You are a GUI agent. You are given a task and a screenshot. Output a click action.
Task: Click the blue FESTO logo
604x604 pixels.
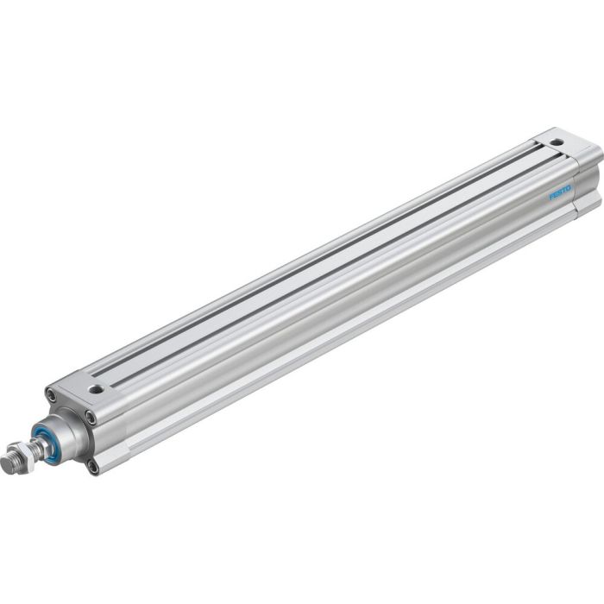point(562,195)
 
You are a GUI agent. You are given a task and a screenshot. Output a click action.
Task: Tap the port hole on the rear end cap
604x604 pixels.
point(557,142)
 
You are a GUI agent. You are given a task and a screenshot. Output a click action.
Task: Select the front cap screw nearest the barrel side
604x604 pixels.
point(91,418)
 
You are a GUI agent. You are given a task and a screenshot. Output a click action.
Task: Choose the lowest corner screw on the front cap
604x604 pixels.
point(91,466)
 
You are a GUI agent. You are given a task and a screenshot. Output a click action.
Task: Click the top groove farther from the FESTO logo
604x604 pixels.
point(319,259)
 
